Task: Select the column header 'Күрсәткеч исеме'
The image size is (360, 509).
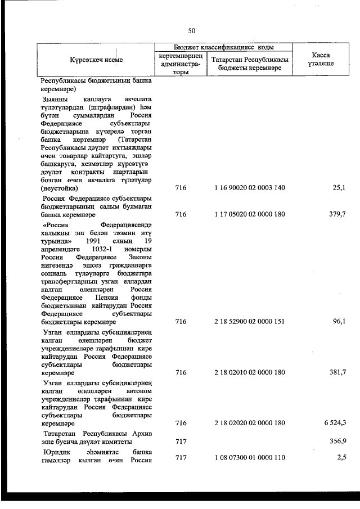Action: tap(96, 60)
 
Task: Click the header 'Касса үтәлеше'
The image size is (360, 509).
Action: tap(320, 60)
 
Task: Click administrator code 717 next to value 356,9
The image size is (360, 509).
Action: tap(181, 442)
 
